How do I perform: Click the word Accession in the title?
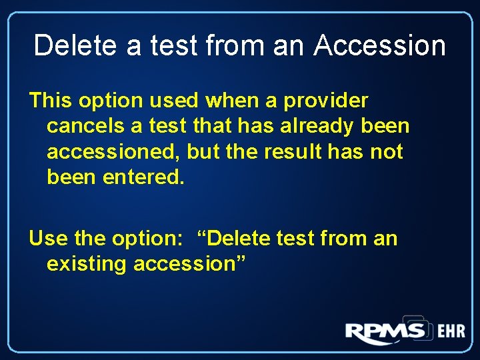point(380,46)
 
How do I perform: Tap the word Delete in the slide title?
point(69,46)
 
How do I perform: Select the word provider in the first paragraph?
point(326,101)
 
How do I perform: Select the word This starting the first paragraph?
point(50,101)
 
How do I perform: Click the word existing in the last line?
point(87,264)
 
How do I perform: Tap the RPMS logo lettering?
point(385,332)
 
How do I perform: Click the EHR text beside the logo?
point(451,332)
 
